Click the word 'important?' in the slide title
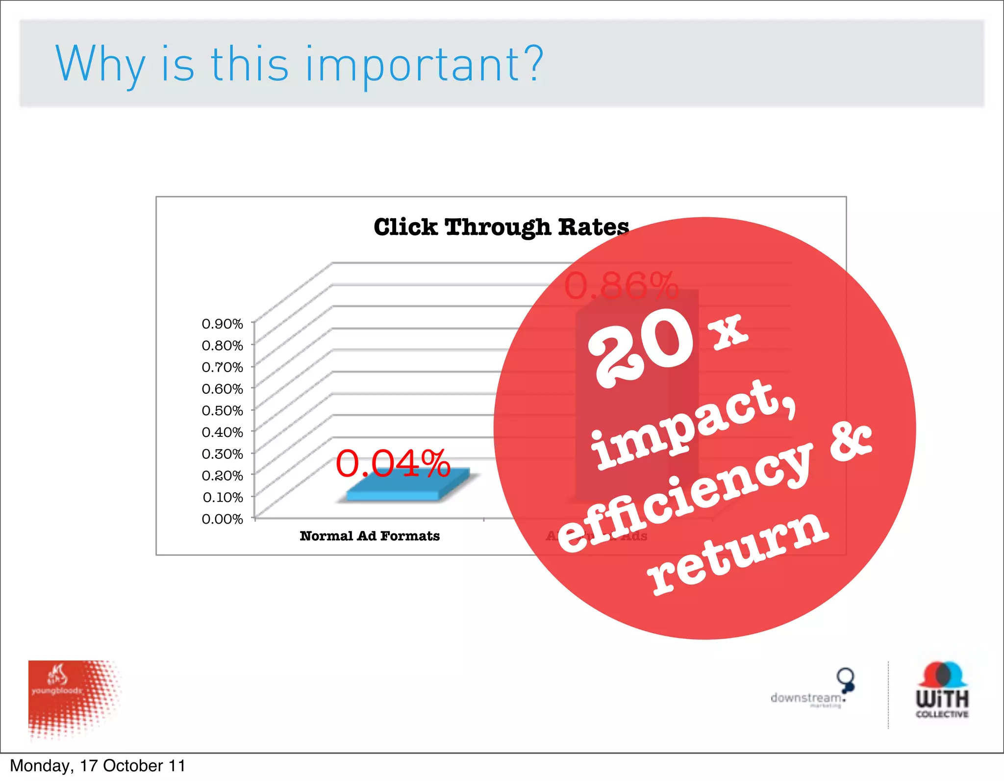click(x=425, y=65)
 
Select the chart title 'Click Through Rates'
click(x=501, y=227)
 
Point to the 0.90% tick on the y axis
click(x=222, y=324)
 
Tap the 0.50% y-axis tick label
click(x=222, y=410)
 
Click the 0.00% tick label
click(x=222, y=519)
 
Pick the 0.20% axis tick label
click(x=222, y=476)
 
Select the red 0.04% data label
click(x=393, y=463)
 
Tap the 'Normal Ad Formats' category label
click(x=370, y=536)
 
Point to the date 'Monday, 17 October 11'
click(x=98, y=766)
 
